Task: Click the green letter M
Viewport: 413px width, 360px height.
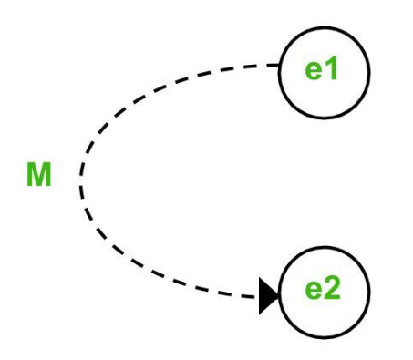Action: click(39, 174)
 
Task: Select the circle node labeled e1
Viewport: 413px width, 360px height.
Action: click(324, 73)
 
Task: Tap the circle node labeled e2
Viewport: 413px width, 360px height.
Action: click(324, 293)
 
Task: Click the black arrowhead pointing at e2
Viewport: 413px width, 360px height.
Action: click(268, 296)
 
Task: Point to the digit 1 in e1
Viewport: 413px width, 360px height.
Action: click(332, 67)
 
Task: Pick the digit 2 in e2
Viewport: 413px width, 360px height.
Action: click(332, 288)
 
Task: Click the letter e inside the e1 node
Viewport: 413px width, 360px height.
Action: click(315, 71)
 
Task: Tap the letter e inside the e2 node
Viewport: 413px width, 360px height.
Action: click(314, 291)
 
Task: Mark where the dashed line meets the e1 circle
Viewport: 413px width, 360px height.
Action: click(279, 65)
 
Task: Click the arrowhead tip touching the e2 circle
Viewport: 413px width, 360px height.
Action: click(278, 295)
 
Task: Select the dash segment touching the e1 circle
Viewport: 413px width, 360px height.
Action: click(273, 65)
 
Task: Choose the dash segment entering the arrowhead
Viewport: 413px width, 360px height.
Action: click(250, 296)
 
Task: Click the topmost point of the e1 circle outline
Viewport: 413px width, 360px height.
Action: click(324, 27)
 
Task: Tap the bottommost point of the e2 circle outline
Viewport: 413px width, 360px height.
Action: click(324, 338)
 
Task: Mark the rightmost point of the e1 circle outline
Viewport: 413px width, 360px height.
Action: click(369, 73)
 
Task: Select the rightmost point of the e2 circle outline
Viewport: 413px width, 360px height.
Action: click(369, 293)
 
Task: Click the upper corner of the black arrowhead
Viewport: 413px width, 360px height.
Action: click(259, 277)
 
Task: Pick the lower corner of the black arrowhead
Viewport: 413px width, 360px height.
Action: click(259, 314)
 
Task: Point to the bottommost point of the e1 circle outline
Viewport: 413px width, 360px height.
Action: click(324, 118)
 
